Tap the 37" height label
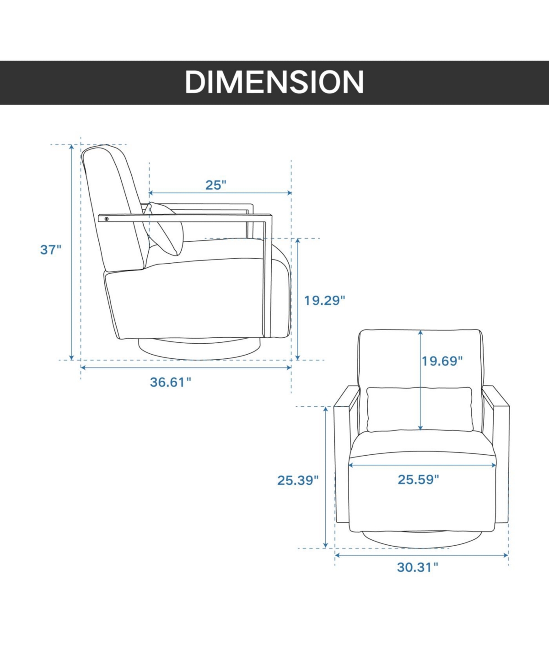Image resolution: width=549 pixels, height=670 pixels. pos(51,250)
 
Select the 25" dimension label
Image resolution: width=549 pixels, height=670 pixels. pos(215,185)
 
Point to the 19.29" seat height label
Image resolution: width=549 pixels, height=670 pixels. pos(324,300)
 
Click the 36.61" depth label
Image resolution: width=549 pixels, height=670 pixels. pos(171,382)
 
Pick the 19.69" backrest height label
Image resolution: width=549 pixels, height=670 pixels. pos(442,361)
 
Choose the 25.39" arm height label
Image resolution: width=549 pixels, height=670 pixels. pos(298,480)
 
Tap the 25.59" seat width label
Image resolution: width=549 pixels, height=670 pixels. pos(418,479)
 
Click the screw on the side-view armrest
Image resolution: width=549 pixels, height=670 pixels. pos(107,219)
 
